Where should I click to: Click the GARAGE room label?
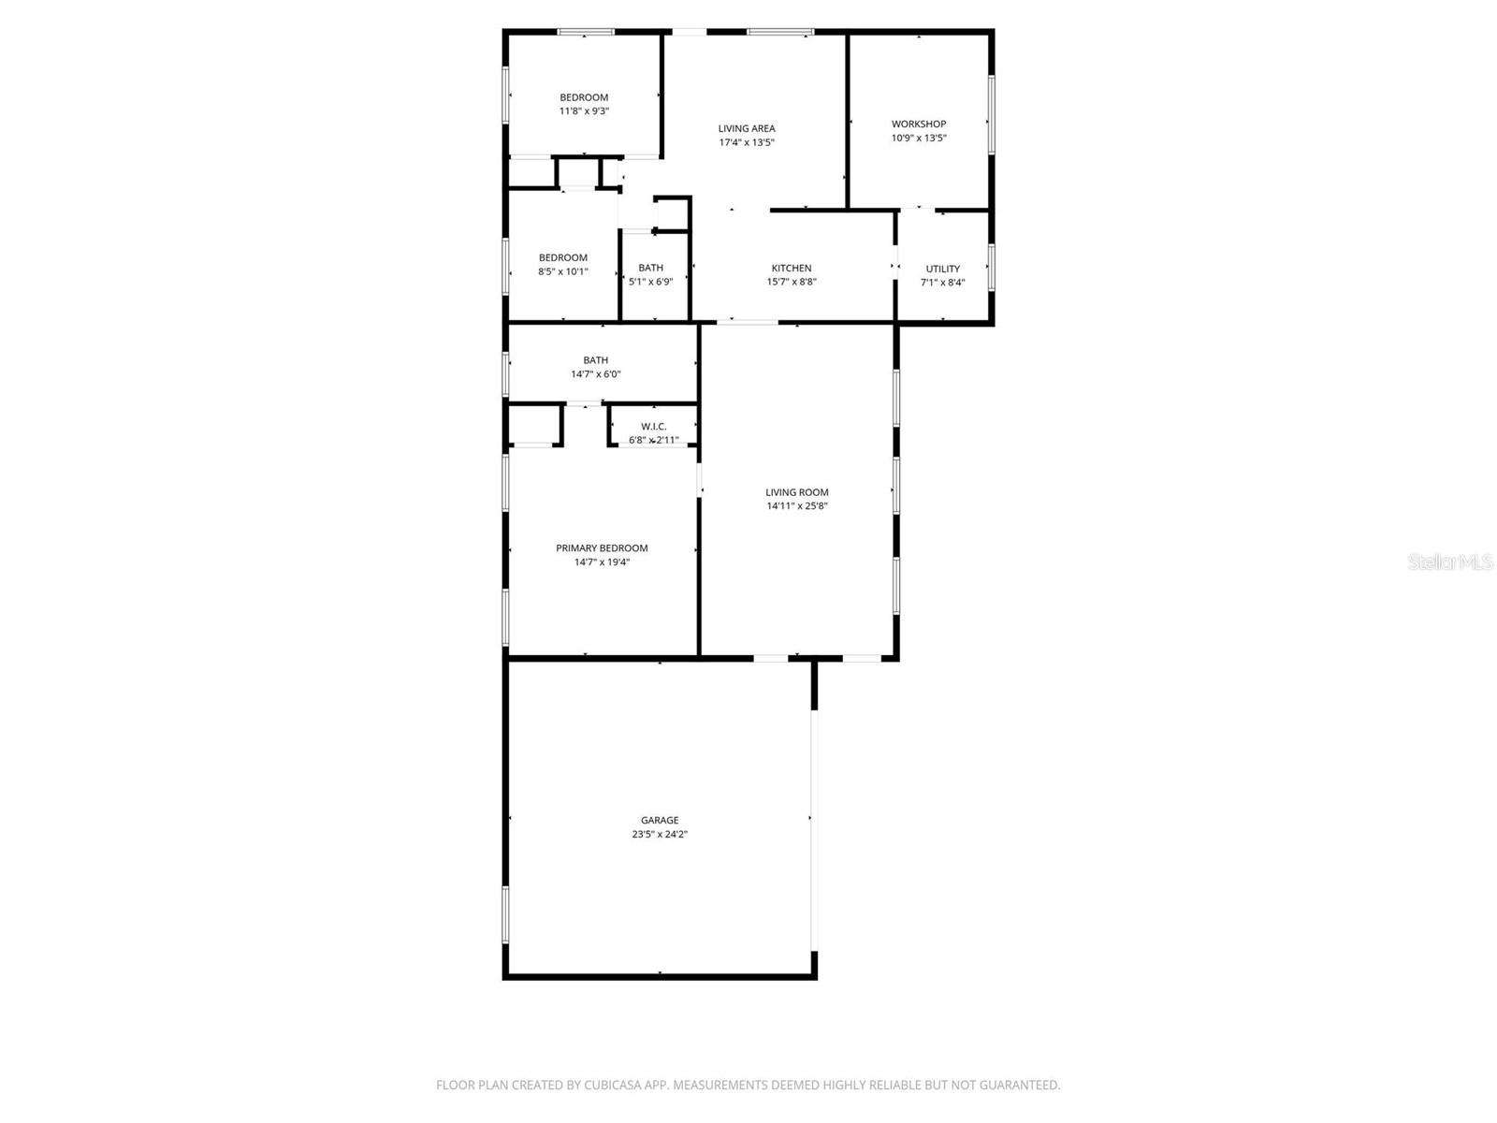[x=660, y=821]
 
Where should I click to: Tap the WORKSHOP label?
[x=919, y=124]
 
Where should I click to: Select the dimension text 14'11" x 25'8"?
[x=797, y=506]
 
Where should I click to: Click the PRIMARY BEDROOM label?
[x=602, y=548]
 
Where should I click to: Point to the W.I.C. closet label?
[x=654, y=427]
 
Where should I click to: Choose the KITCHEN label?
[x=792, y=269]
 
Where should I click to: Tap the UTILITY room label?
[x=942, y=270]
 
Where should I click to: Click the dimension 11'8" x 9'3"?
[x=584, y=111]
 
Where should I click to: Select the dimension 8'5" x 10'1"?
[x=563, y=272]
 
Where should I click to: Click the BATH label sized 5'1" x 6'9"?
[x=650, y=269]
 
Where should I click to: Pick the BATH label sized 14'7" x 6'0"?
[x=596, y=360]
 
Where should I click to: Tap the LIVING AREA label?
[x=747, y=129]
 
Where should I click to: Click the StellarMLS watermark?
[x=1451, y=562]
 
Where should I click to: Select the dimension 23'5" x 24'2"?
[x=660, y=835]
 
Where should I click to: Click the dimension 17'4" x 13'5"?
[x=747, y=143]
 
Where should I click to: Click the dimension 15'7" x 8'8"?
[x=792, y=282]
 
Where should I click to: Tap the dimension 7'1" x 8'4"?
[x=942, y=283]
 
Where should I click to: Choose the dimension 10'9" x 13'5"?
[x=919, y=139]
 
